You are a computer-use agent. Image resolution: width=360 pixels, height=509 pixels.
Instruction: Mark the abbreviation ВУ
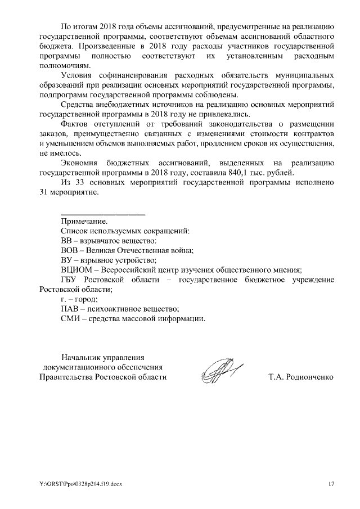66,259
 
